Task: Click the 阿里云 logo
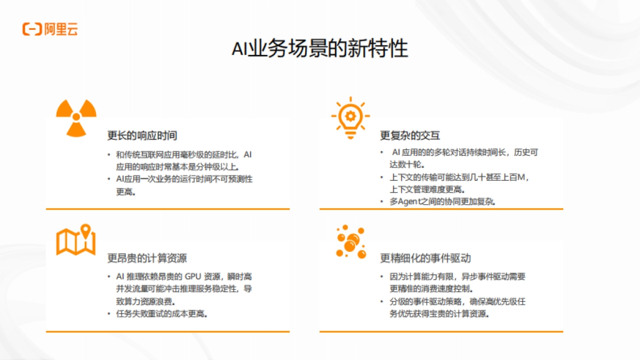(50, 29)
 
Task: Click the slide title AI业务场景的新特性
(319, 49)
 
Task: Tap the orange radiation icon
(76, 117)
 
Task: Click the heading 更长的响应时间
(142, 135)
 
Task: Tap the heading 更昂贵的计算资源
(147, 259)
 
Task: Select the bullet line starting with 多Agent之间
(443, 202)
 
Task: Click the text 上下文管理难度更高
(427, 189)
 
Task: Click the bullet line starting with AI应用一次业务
(184, 179)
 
